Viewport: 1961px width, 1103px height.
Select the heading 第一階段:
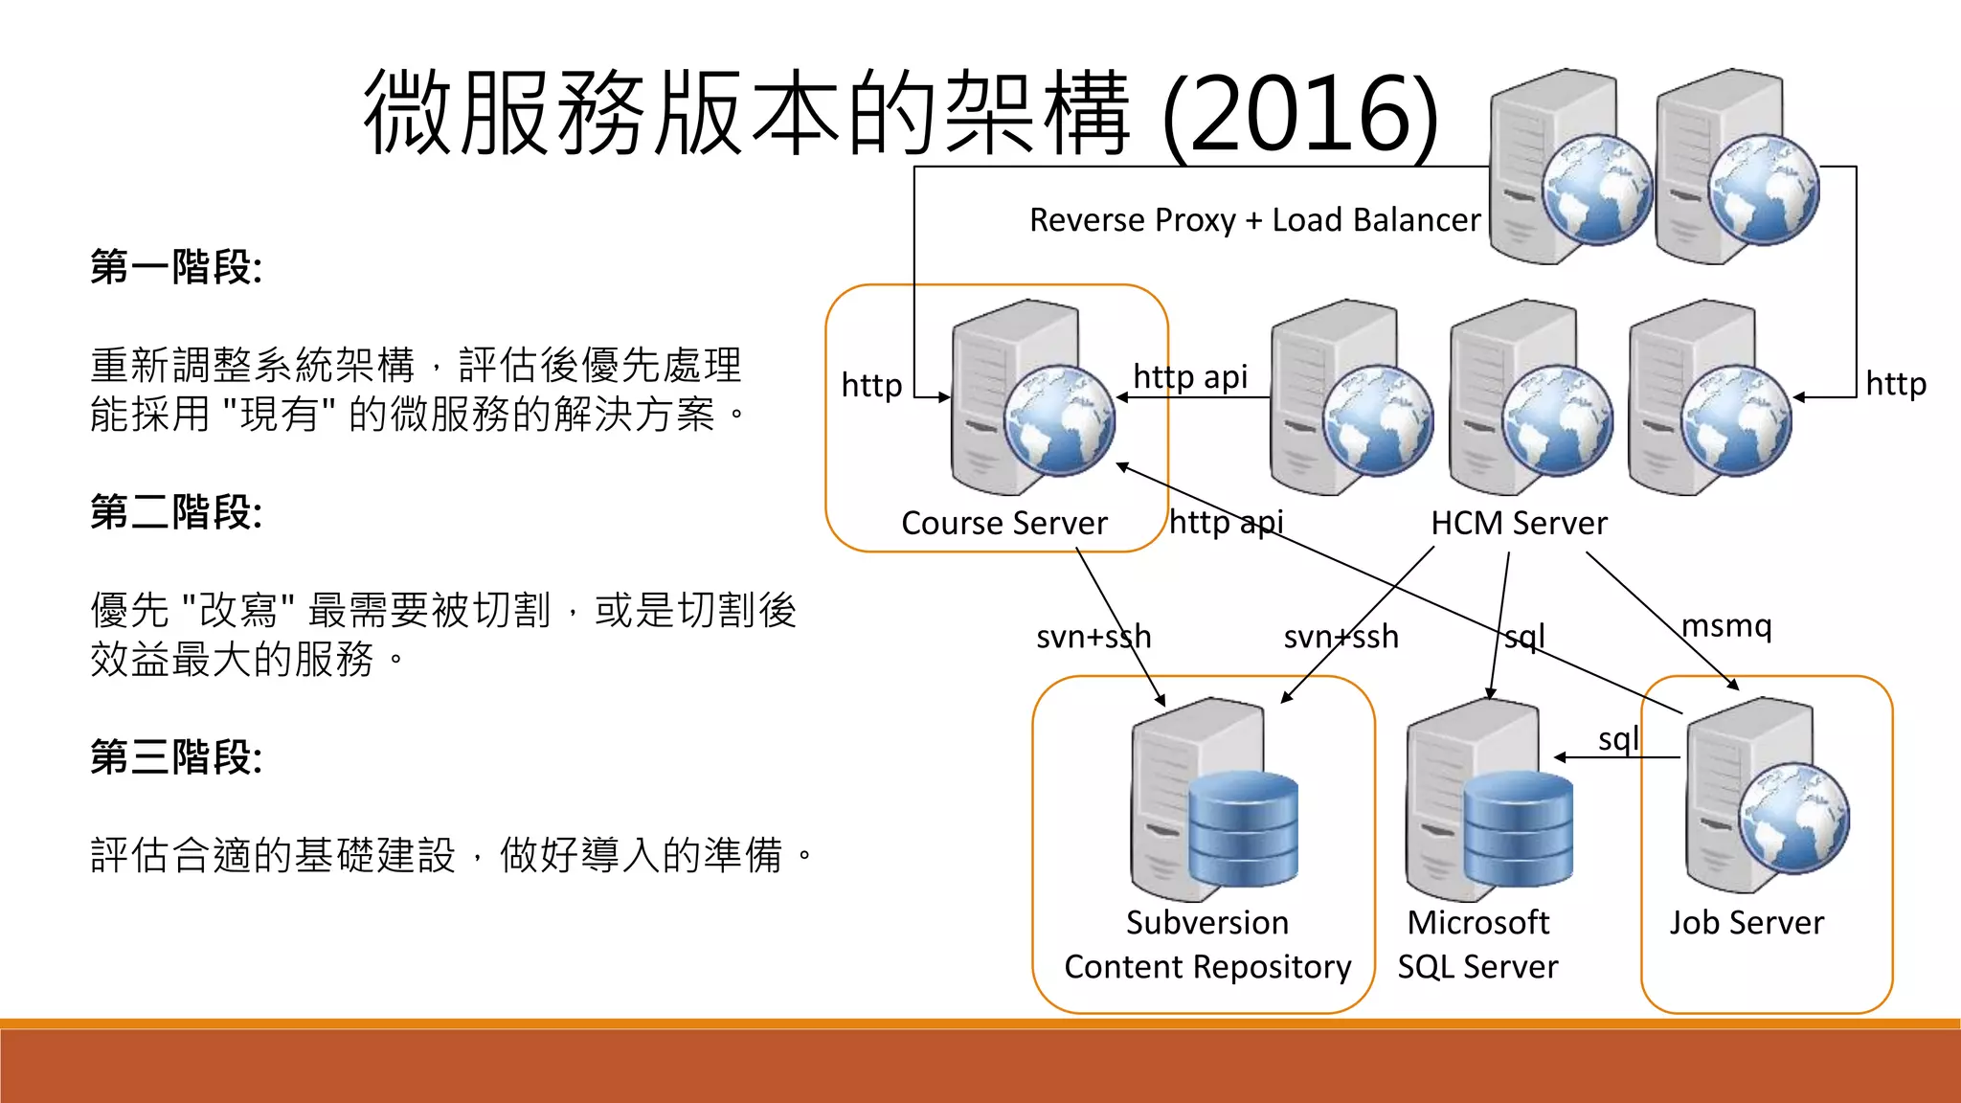(176, 267)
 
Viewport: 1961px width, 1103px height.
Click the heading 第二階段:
(176, 512)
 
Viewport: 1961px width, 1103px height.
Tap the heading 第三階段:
(176, 757)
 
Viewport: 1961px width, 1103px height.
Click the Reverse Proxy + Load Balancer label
(1254, 220)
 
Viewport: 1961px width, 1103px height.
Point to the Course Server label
(1003, 524)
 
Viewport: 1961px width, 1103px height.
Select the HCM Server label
(1519, 524)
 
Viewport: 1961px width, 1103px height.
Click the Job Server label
(1747, 923)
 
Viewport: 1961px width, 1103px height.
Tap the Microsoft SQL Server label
(1477, 945)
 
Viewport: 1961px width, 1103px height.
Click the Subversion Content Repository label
(1207, 945)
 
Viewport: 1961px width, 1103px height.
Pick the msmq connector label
(1726, 626)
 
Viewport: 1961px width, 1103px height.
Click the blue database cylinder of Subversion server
(1243, 829)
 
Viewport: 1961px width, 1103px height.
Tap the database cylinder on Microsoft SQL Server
(1518, 829)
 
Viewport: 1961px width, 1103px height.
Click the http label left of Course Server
(871, 386)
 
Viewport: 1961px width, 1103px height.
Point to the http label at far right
(1896, 384)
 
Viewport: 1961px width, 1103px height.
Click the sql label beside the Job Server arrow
(1618, 739)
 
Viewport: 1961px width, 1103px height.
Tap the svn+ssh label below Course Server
(1093, 637)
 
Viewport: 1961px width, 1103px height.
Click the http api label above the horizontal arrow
(1190, 377)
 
